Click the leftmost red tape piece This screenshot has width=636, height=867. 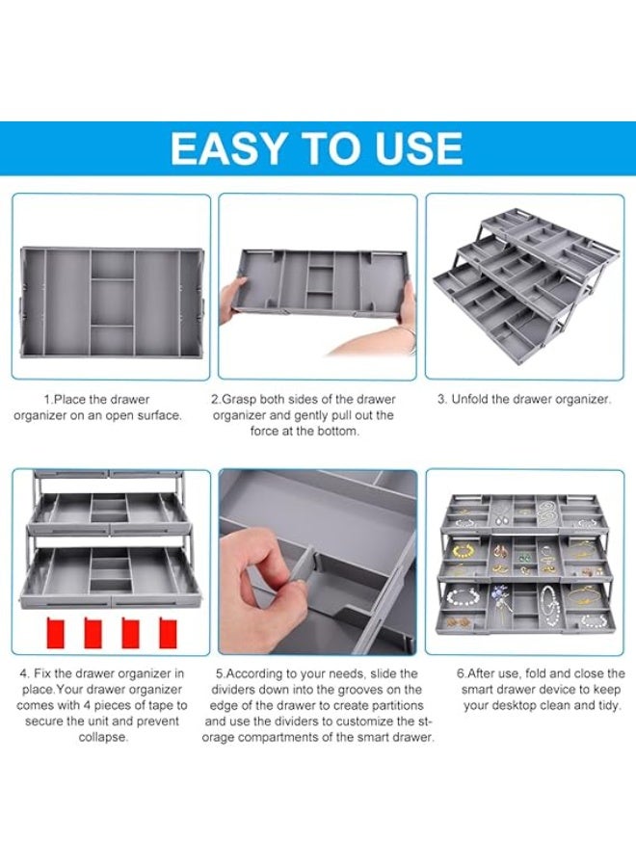[57, 633]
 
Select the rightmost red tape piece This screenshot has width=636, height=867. [168, 633]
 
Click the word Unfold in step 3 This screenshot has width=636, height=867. [470, 399]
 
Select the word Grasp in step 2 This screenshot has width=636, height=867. [239, 399]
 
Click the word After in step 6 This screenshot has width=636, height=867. [482, 673]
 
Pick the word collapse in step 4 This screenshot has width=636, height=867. [103, 737]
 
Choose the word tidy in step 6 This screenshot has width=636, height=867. [609, 706]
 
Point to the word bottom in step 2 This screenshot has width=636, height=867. [337, 431]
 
